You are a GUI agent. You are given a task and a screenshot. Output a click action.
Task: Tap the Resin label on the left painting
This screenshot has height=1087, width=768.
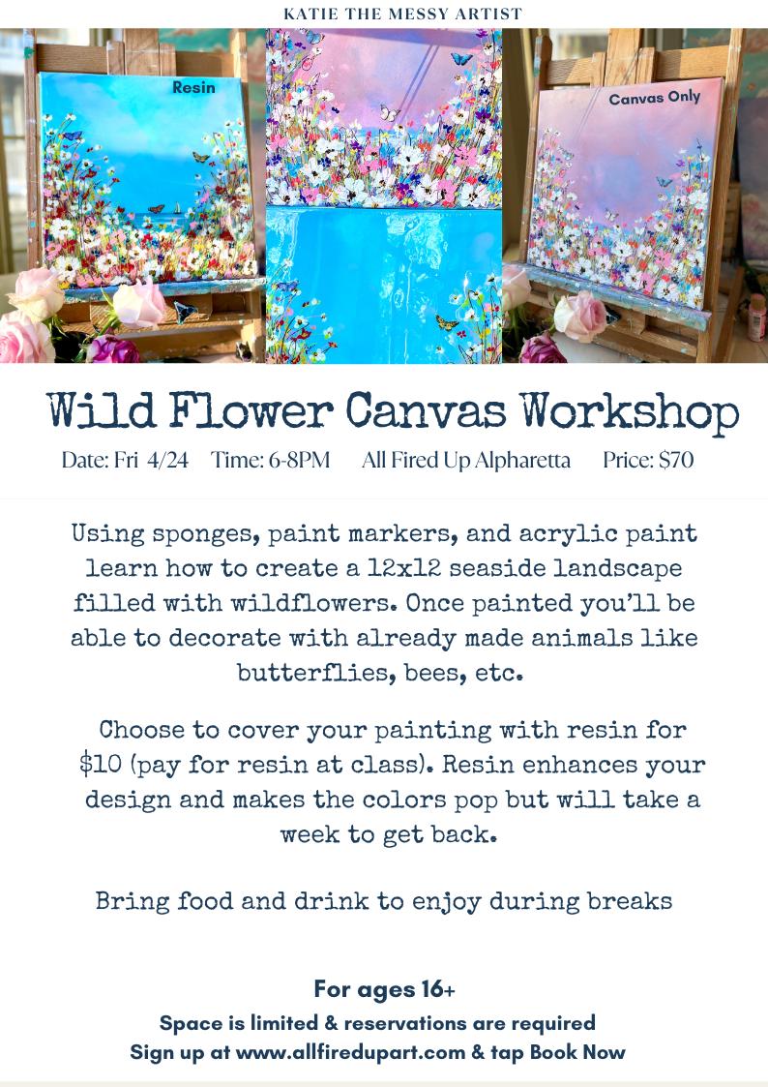193,87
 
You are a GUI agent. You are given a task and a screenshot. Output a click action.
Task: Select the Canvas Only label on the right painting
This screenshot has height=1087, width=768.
654,98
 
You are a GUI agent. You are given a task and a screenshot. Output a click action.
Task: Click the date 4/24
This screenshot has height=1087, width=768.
168,461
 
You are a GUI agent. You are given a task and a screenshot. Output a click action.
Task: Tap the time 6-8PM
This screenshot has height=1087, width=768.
301,461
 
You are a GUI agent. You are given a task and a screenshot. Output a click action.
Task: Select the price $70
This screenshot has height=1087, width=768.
673,461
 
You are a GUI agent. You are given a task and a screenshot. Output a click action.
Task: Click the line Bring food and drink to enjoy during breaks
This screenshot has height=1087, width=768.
384,902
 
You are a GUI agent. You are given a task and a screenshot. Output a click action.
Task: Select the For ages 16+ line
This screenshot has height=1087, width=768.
384,989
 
